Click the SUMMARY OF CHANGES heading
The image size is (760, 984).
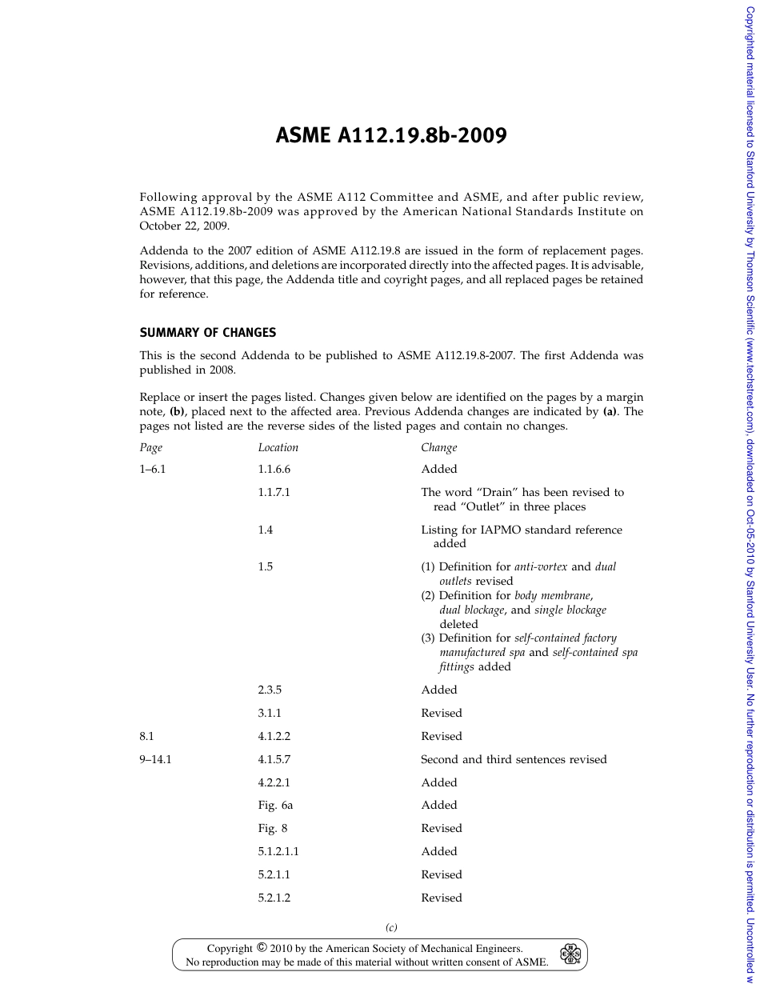pyautogui.click(x=208, y=332)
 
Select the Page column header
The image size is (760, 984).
pyautogui.click(x=150, y=447)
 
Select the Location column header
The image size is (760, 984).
pyautogui.click(x=278, y=447)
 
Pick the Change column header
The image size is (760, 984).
pyautogui.click(x=438, y=447)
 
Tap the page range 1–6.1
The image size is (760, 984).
pyautogui.click(x=153, y=469)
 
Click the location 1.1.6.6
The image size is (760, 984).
pyautogui.click(x=274, y=469)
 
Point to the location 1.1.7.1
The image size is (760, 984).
pyautogui.click(x=274, y=492)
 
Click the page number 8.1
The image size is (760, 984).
pyautogui.click(x=146, y=736)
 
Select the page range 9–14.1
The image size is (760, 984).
pyautogui.click(x=155, y=759)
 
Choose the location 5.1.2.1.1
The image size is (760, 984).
pyautogui.click(x=278, y=851)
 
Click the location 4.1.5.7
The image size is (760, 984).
pyautogui.click(x=274, y=759)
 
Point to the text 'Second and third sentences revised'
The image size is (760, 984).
pyautogui.click(x=514, y=759)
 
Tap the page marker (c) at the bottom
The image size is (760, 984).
pyautogui.click(x=391, y=927)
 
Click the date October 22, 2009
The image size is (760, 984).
pyautogui.click(x=184, y=226)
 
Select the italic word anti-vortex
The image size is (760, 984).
pyautogui.click(x=541, y=566)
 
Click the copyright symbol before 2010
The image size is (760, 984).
pyautogui.click(x=261, y=947)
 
